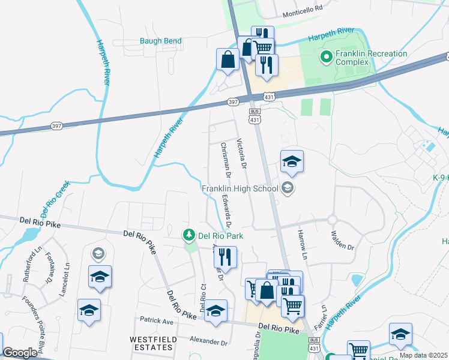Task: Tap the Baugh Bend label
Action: coord(160,41)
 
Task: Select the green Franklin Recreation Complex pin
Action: coord(327,58)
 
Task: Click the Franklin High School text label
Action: coord(240,188)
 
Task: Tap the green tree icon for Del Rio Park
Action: coord(190,235)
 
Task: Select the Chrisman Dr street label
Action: coord(225,160)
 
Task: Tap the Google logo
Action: coord(20,353)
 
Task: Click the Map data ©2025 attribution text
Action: coord(423,355)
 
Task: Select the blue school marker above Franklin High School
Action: coord(292,161)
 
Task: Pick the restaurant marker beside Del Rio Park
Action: coord(225,257)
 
